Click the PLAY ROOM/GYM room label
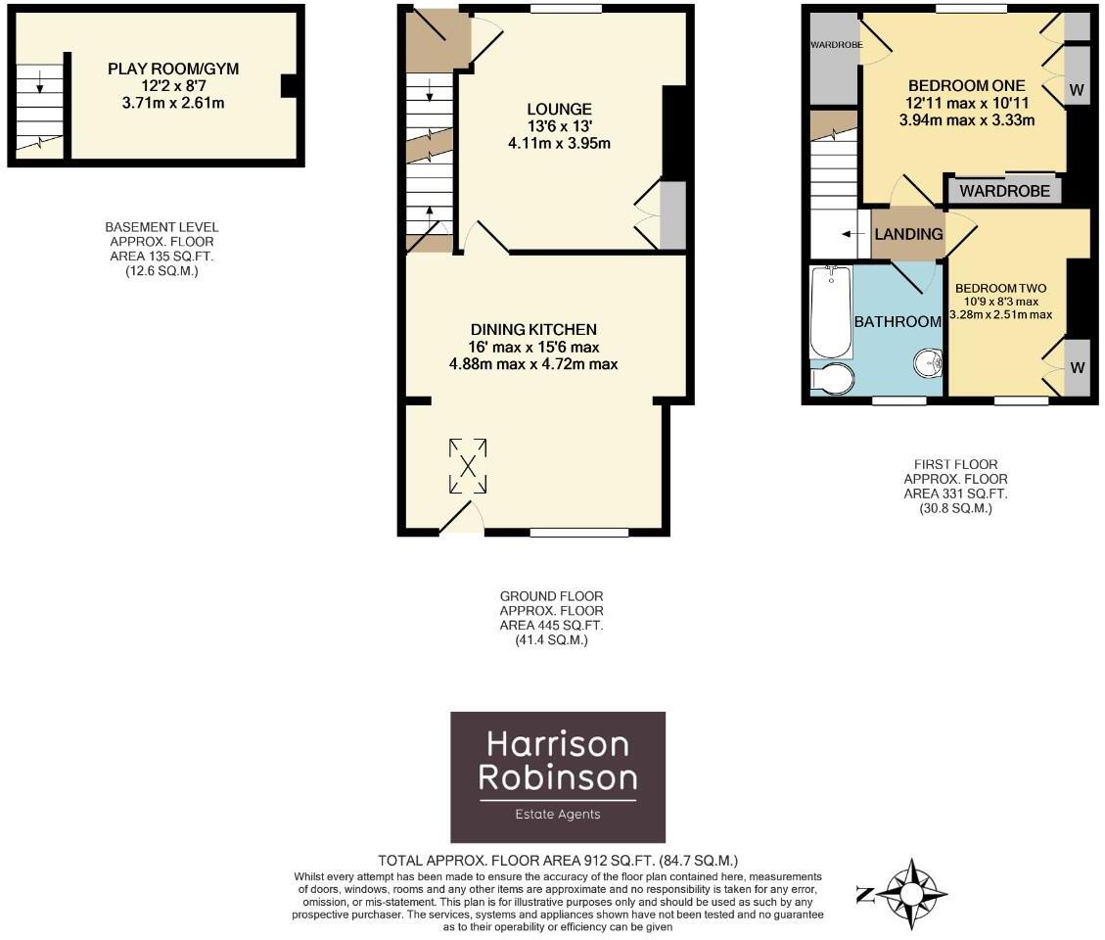coord(173,69)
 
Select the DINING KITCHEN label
coord(532,329)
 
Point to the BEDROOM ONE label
coord(966,85)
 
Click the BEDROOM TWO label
coord(1001,288)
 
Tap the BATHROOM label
coord(898,321)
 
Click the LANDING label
coord(908,234)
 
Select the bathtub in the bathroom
coord(831,310)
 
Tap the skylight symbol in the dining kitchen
coord(468,465)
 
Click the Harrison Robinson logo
coord(557,776)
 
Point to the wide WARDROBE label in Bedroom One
coord(1004,190)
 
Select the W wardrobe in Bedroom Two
coord(1077,368)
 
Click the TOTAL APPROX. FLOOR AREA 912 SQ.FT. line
coord(557,860)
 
